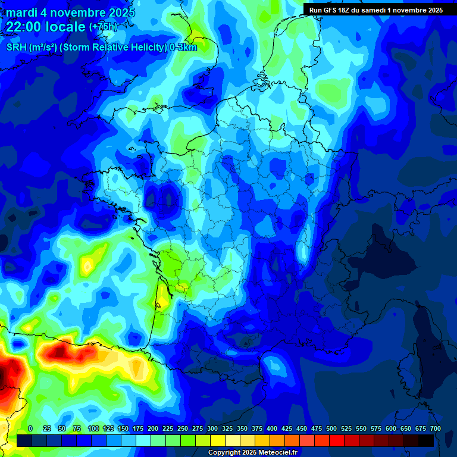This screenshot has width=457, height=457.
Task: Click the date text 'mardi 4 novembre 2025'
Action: pyautogui.click(x=70, y=12)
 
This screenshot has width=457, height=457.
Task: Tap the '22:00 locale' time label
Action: pyautogui.click(x=46, y=27)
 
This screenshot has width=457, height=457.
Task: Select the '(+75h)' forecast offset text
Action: pyautogui.click(x=103, y=27)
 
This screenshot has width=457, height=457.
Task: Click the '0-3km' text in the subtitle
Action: pyautogui.click(x=183, y=48)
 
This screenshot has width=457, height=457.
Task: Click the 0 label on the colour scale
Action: pyautogui.click(x=30, y=428)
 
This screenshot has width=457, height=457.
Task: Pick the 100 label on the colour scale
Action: pyautogui.click(x=93, y=428)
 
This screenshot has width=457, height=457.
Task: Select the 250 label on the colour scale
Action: pyautogui.click(x=183, y=428)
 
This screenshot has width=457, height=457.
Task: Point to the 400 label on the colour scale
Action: pyautogui.click(x=272, y=428)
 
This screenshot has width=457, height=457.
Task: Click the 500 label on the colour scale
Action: pyautogui.click(x=331, y=428)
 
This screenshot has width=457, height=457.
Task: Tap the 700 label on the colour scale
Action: pyautogui.click(x=436, y=428)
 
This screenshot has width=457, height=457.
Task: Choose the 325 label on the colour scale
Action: pyautogui.click(x=227, y=428)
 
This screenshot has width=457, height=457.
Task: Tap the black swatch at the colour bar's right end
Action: pyautogui.click(x=426, y=440)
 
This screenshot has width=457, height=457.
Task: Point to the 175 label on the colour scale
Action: pyautogui.click(x=138, y=428)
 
